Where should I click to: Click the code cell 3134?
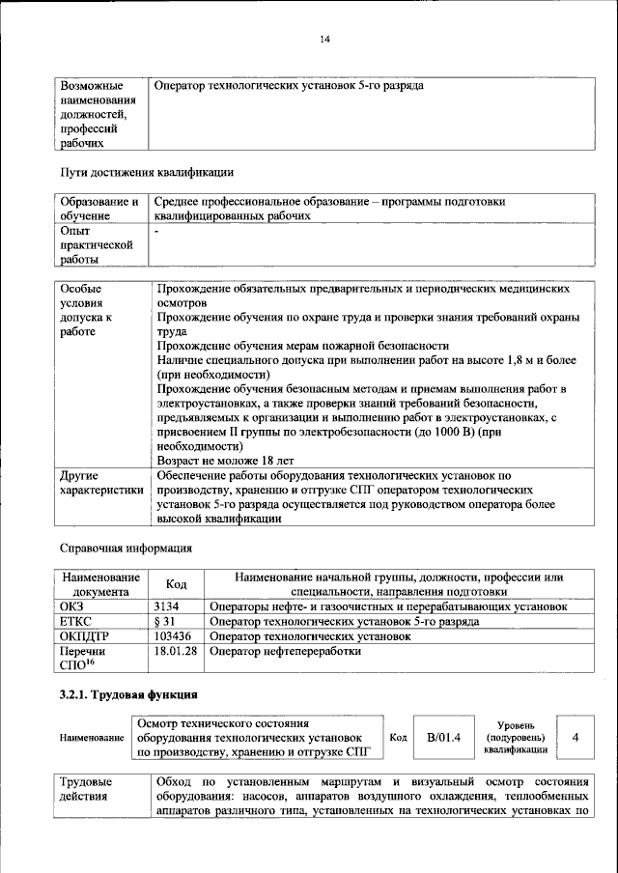(x=167, y=606)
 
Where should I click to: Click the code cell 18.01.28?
(x=175, y=652)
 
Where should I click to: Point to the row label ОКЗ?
(x=72, y=606)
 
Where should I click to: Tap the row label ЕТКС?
(x=76, y=622)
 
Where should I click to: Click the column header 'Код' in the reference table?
(x=177, y=584)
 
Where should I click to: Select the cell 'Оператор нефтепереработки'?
(x=285, y=652)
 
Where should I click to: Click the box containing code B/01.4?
(x=444, y=737)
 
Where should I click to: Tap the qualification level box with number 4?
(x=576, y=737)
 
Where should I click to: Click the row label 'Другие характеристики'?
(x=101, y=484)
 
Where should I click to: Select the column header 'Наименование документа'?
(x=100, y=584)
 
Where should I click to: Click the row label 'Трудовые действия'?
(x=86, y=788)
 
